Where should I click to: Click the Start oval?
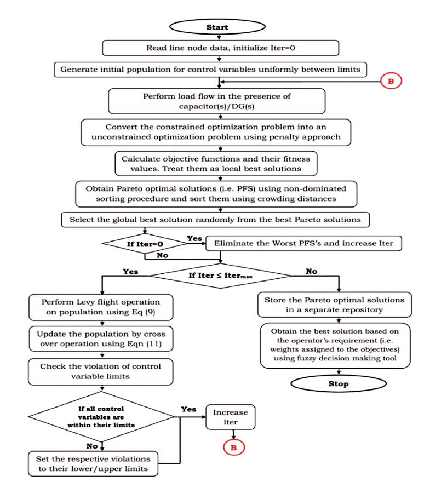(x=217, y=27)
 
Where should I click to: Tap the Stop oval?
(x=339, y=383)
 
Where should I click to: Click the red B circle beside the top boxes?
(x=391, y=81)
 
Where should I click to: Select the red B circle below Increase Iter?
(x=234, y=447)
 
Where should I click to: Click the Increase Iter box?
(x=231, y=417)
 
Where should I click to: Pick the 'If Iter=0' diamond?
(x=145, y=244)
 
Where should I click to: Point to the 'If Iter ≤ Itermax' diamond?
(x=220, y=276)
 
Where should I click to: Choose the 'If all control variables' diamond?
(x=101, y=417)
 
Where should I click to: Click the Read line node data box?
(x=220, y=48)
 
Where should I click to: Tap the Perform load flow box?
(x=217, y=101)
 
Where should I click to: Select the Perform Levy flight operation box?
(x=101, y=307)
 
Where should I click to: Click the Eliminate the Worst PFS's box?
(x=303, y=243)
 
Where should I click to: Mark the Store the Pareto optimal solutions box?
(x=335, y=305)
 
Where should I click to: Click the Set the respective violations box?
(x=93, y=464)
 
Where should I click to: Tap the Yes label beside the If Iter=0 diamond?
(x=194, y=239)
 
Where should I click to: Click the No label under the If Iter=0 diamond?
(x=162, y=255)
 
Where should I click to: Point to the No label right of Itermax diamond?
(x=312, y=272)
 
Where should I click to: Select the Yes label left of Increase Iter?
(x=188, y=409)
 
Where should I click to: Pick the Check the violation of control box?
(x=101, y=372)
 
